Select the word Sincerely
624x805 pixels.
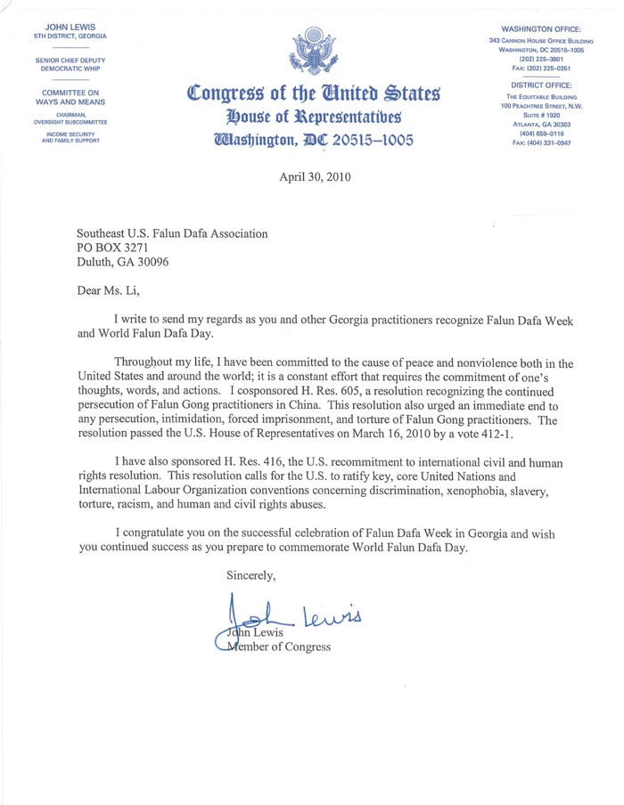250,576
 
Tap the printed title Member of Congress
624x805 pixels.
275,646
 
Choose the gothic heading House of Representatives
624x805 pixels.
313,117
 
